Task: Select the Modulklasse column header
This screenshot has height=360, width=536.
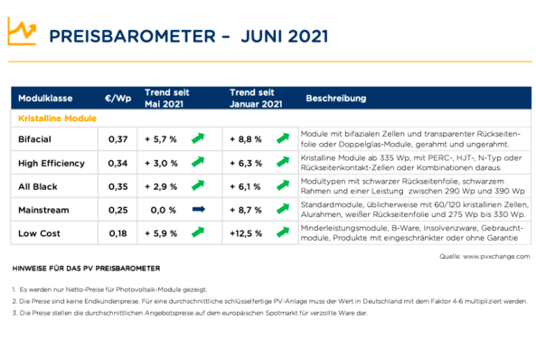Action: click(46, 98)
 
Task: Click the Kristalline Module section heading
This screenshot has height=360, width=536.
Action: click(57, 118)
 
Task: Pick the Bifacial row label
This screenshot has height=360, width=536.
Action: click(35, 139)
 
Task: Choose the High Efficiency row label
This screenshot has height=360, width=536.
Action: click(52, 164)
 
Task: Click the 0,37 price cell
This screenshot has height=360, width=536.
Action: click(118, 139)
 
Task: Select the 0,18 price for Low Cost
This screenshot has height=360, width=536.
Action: click(118, 233)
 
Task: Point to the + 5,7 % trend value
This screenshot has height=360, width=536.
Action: click(160, 139)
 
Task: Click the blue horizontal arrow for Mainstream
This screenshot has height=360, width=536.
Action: click(199, 210)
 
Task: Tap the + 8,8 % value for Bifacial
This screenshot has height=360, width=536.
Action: click(246, 139)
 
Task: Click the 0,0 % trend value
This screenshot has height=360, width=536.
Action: click(163, 210)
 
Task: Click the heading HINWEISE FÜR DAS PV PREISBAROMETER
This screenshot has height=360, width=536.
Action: click(86, 270)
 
